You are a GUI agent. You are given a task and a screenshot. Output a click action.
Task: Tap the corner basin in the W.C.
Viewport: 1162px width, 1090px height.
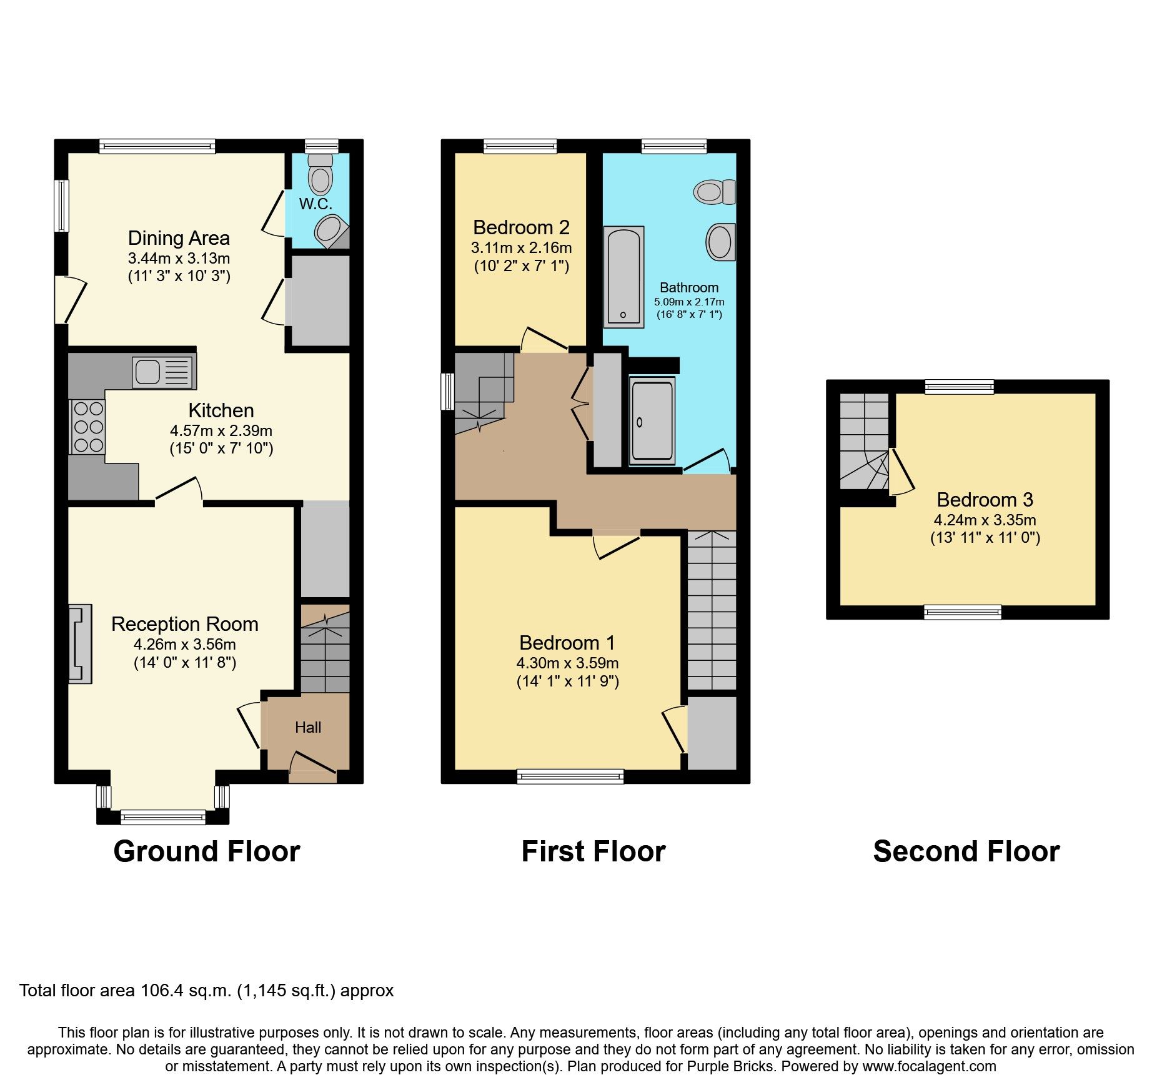(330, 230)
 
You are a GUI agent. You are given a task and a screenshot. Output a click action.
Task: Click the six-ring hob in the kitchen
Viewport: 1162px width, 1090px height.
(88, 427)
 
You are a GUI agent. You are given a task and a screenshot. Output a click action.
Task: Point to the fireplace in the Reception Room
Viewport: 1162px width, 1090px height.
(80, 644)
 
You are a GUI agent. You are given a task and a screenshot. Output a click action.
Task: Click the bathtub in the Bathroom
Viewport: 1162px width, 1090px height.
(623, 277)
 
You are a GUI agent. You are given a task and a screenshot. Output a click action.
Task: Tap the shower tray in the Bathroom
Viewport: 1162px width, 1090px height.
(652, 422)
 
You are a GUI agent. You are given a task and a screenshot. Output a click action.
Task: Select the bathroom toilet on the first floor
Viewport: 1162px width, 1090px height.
(715, 191)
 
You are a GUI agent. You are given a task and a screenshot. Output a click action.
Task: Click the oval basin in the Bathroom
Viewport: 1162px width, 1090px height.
(720, 242)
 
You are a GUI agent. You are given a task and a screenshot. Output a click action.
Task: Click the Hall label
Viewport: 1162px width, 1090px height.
(308, 727)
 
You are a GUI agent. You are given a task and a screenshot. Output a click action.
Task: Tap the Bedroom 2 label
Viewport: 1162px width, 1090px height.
(521, 227)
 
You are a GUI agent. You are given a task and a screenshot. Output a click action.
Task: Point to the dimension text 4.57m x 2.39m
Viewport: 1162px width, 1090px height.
(221, 430)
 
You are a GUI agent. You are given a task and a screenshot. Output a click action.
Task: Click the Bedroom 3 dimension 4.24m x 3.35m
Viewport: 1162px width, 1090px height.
(985, 520)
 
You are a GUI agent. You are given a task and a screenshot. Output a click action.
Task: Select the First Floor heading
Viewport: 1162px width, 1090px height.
(593, 851)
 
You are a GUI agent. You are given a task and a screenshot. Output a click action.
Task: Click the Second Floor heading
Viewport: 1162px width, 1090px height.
(966, 851)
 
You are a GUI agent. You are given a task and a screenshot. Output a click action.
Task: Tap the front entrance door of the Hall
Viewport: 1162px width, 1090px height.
(313, 767)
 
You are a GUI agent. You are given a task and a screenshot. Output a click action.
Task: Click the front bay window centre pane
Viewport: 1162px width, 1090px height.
(163, 816)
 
